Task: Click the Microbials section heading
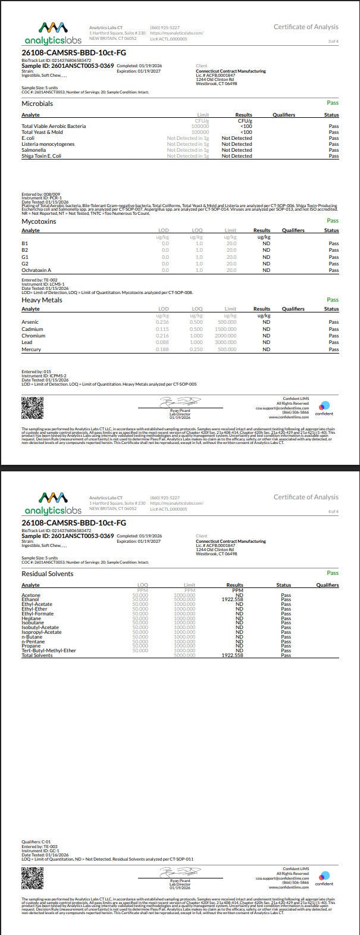pyautogui.click(x=37, y=104)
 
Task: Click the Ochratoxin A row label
pyautogui.click(x=36, y=270)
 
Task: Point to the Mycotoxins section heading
pyautogui.click(x=39, y=221)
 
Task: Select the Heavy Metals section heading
pyautogui.click(x=42, y=300)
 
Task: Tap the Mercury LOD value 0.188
pyautogui.click(x=162, y=349)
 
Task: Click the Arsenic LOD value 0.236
pyautogui.click(x=162, y=322)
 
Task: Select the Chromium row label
pyautogui.click(x=33, y=336)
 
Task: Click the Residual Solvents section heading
pyautogui.click(x=47, y=574)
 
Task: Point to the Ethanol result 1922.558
pyautogui.click(x=232, y=599)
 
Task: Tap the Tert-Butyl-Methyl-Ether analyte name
pyautogui.click(x=49, y=651)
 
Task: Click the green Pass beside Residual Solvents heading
pyautogui.click(x=332, y=573)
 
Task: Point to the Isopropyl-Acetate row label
pyautogui.click(x=42, y=632)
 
